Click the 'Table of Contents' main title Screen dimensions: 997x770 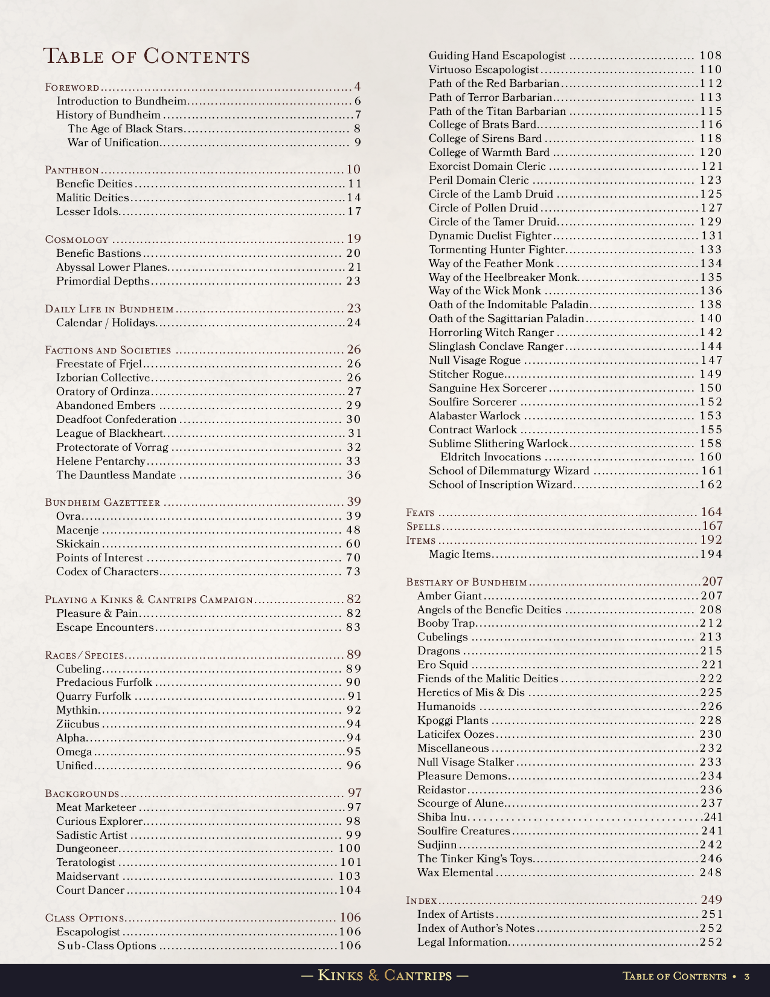click(146, 56)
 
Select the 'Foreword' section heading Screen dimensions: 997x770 click(72, 88)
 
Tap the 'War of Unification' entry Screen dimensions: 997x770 click(113, 143)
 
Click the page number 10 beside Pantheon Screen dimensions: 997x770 click(353, 170)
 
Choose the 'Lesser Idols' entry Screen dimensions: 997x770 click(87, 211)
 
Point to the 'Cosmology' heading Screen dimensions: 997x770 click(77, 239)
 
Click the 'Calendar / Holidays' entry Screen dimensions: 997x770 click(105, 323)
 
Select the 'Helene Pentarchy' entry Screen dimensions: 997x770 click(101, 461)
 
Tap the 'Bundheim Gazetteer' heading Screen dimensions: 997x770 click(103, 502)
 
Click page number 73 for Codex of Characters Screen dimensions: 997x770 click(353, 572)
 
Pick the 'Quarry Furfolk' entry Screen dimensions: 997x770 click(94, 696)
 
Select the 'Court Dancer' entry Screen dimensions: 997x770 click(90, 890)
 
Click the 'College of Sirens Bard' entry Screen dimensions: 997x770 click(485, 138)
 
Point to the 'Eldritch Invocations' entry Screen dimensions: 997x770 click(490, 457)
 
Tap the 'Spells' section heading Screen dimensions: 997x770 click(423, 526)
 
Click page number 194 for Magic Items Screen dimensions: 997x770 click(711, 554)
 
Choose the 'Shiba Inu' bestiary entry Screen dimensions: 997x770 click(441, 817)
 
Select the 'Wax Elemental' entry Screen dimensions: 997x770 click(455, 873)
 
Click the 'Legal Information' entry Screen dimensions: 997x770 click(462, 942)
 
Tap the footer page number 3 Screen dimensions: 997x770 click(747, 976)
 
